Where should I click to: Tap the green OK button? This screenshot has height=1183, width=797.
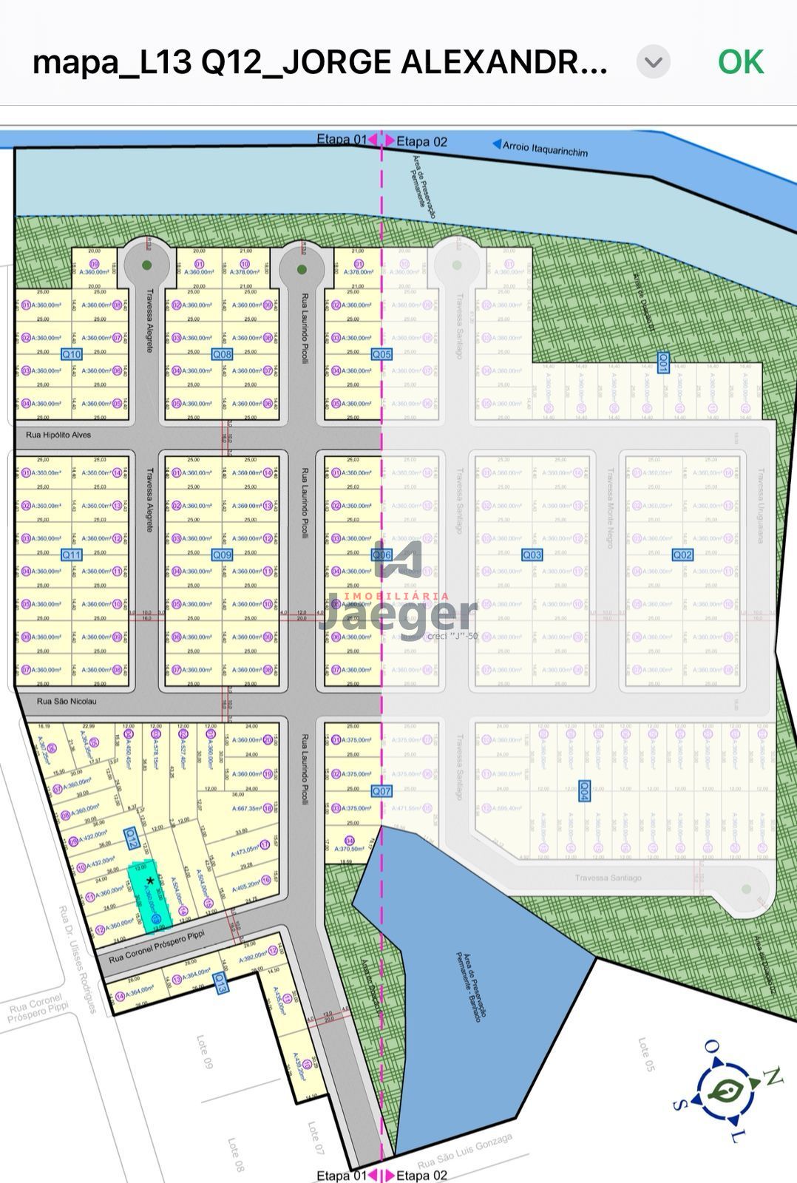tap(740, 62)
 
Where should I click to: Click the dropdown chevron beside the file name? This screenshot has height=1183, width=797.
tap(654, 62)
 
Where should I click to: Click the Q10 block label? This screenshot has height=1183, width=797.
tap(72, 354)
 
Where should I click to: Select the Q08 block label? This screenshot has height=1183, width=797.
tap(222, 354)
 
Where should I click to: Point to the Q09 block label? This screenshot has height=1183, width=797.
tap(222, 555)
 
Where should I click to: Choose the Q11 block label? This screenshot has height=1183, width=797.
tap(72, 555)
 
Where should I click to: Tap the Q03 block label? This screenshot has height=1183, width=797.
tap(532, 555)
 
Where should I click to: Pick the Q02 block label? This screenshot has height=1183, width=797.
tap(682, 555)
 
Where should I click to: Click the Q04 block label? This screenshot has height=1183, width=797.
tap(584, 790)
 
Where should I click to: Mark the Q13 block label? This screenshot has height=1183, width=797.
tap(220, 983)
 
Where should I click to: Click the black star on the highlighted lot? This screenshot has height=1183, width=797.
tap(150, 880)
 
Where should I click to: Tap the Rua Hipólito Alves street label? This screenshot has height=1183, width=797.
tap(58, 435)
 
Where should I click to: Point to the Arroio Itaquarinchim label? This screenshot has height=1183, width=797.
tap(545, 149)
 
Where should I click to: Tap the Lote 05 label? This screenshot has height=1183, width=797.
tap(646, 1054)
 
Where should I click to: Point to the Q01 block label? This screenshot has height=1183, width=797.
tap(664, 362)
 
